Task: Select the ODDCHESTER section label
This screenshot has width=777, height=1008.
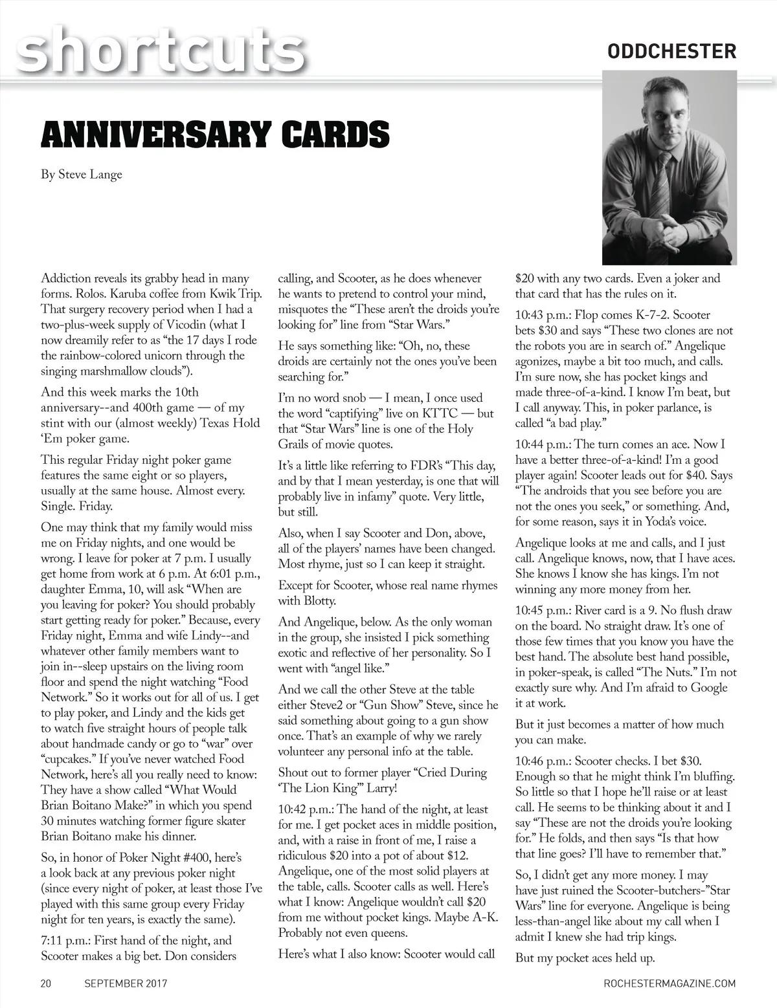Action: [x=672, y=51]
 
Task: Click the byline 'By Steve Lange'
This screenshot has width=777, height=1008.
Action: [x=82, y=175]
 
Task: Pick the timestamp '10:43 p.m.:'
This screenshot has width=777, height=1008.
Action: [x=542, y=315]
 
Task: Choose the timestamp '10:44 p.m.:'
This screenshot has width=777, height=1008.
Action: [x=542, y=444]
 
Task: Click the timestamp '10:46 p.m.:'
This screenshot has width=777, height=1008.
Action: [x=542, y=761]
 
